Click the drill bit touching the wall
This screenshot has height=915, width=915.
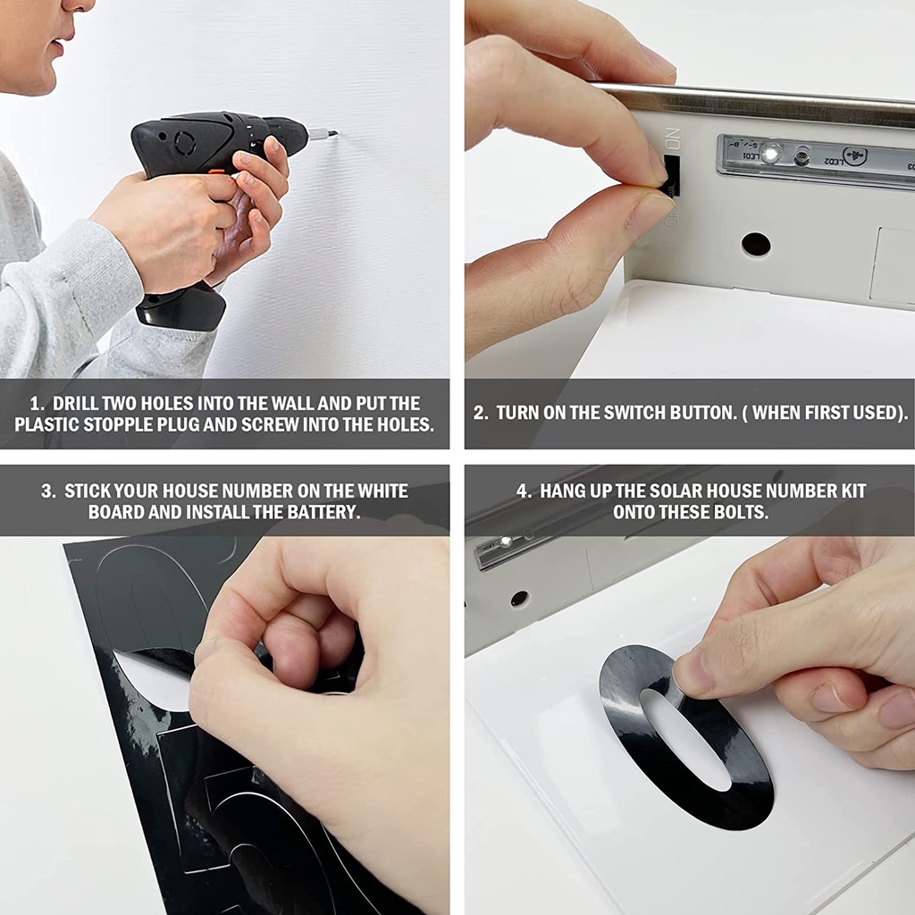click(322, 134)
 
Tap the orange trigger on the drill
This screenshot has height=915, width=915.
click(216, 172)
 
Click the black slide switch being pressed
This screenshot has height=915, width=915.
click(672, 174)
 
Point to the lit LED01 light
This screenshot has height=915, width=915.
click(771, 154)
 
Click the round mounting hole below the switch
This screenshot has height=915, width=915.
click(756, 244)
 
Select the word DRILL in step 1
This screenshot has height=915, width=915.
click(75, 403)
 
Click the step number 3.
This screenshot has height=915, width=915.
click(46, 491)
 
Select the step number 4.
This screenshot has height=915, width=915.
click(523, 491)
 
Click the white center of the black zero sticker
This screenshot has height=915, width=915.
click(686, 739)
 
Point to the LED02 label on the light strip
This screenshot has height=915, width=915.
click(834, 160)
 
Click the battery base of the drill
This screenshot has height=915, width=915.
click(180, 306)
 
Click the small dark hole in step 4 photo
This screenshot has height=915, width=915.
click(519, 598)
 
